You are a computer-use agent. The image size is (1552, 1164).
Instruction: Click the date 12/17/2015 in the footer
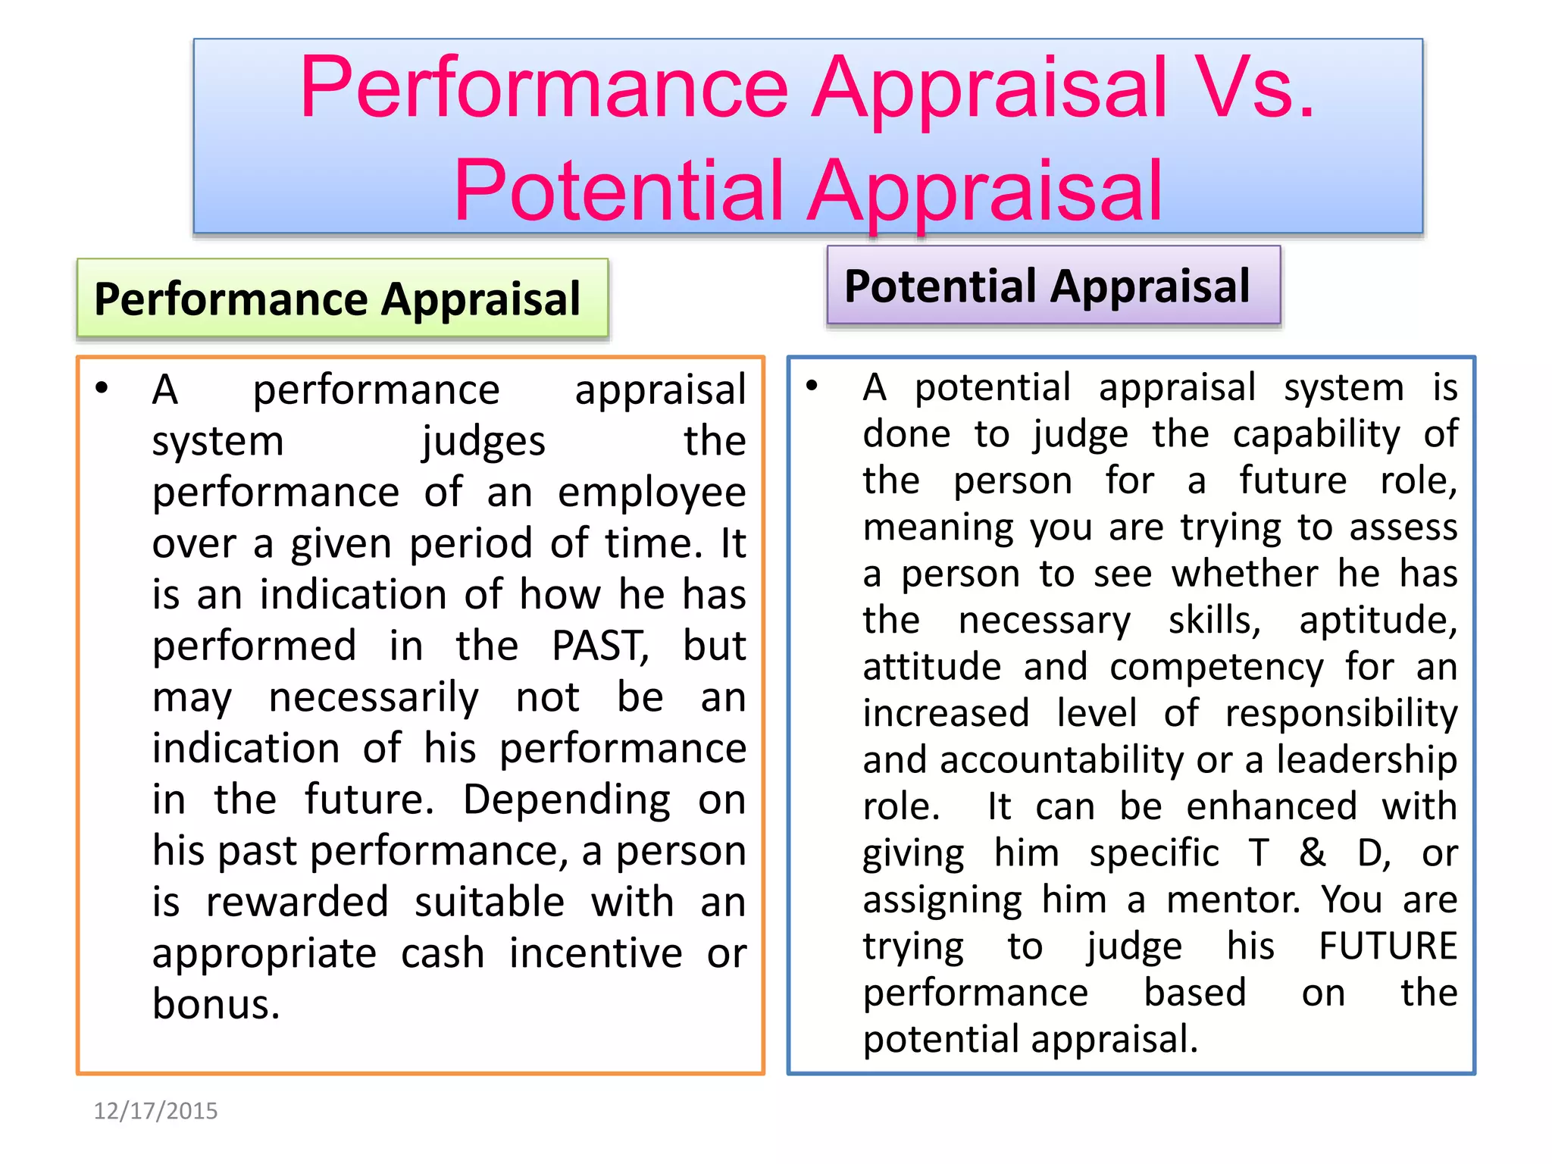(x=155, y=1111)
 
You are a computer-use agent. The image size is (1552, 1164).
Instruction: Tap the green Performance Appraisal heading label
(x=342, y=299)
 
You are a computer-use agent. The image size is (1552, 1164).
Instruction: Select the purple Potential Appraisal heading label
(x=1053, y=286)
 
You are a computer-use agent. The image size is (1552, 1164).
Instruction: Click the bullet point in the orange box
(x=102, y=389)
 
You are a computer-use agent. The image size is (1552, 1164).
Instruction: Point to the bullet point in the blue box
(x=812, y=386)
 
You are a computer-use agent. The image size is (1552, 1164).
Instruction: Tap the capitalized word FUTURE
(x=1388, y=947)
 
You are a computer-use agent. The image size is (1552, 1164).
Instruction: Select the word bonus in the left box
(x=216, y=1004)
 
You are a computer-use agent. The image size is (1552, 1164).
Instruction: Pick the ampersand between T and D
(x=1313, y=853)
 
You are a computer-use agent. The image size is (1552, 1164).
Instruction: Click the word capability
(x=1316, y=434)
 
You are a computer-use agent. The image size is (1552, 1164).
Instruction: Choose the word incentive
(x=596, y=953)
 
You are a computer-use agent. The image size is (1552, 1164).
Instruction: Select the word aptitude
(x=1378, y=621)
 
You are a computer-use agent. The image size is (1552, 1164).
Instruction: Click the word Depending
(x=567, y=800)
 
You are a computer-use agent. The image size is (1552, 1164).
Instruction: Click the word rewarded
(x=297, y=903)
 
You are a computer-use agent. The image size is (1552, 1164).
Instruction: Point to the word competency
(x=1216, y=668)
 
